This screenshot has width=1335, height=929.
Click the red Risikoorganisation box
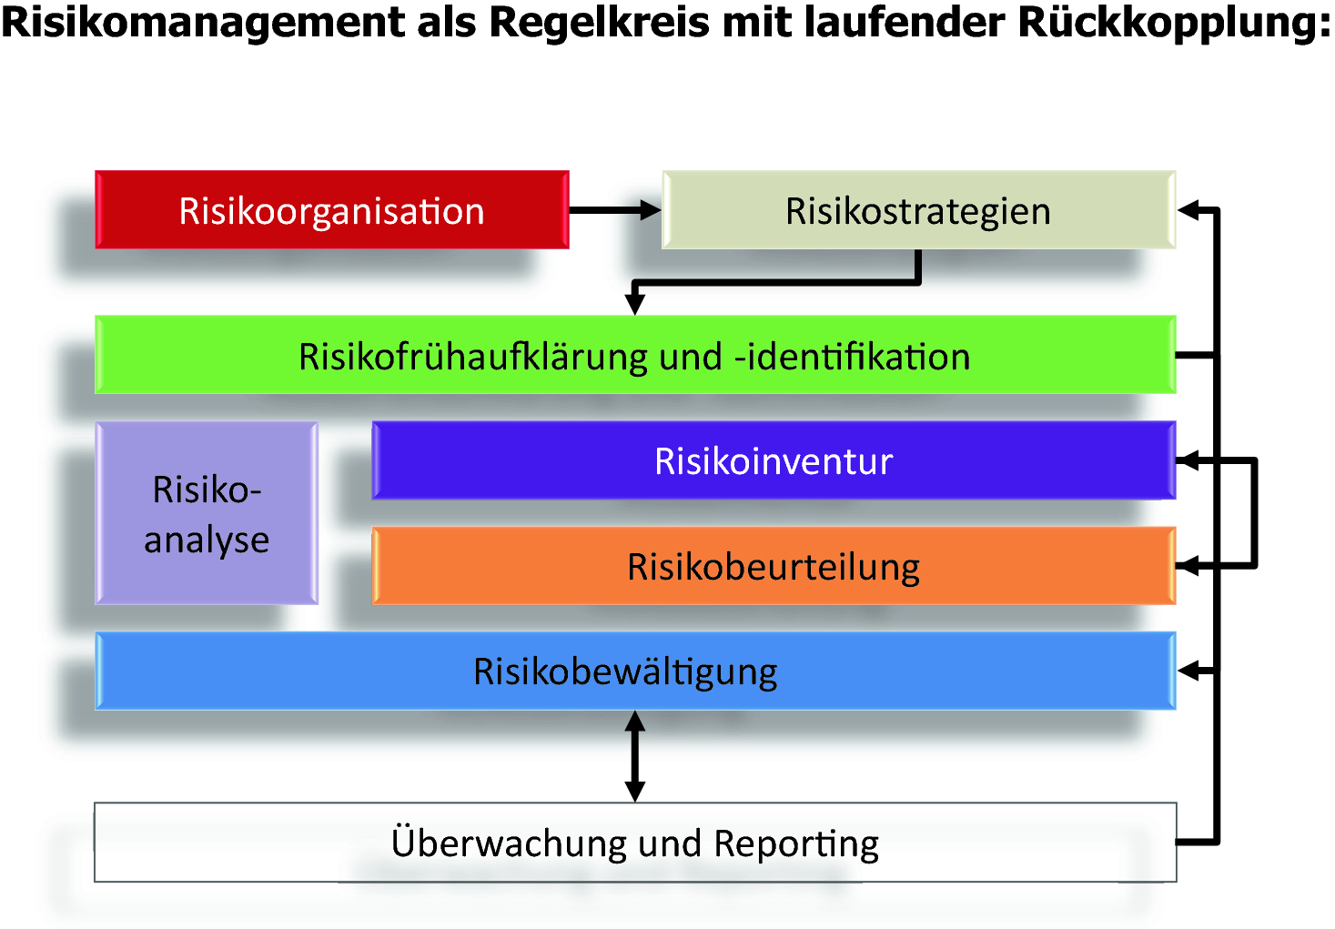(331, 210)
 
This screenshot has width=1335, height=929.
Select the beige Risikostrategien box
(917, 210)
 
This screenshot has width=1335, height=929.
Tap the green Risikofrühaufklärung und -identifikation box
(634, 356)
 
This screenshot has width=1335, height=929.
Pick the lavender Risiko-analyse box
(207, 514)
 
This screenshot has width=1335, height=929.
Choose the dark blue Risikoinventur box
(774, 461)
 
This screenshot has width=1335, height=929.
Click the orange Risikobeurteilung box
(774, 567)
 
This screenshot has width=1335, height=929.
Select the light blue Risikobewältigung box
(634, 672)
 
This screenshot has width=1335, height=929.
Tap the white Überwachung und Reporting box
(634, 843)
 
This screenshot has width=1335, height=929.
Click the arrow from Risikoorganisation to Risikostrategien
(614, 210)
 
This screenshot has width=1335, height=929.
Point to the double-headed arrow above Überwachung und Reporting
(635, 756)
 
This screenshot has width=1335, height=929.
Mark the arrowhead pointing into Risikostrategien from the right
(1188, 210)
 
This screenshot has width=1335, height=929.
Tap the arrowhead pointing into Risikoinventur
(1188, 461)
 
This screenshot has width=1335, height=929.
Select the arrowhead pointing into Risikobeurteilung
(1188, 566)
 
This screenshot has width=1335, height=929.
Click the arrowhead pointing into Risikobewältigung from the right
(1188, 672)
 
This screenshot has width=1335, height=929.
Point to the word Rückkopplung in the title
(1174, 23)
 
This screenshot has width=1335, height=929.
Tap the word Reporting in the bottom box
(796, 844)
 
